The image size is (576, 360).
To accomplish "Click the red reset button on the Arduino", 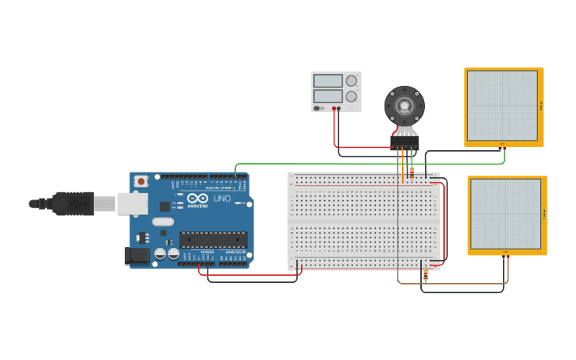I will point(141,181).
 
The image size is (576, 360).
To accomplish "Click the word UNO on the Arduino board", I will point(222,199).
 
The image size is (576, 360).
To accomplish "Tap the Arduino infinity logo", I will point(199,198).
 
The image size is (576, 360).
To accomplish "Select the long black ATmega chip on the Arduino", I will point(213,240).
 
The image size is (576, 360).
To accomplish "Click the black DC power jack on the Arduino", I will point(137,255).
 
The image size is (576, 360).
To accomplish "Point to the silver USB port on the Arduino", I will point(132,203).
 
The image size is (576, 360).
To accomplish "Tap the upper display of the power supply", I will point(327,80).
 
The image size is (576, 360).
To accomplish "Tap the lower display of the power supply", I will point(327,95).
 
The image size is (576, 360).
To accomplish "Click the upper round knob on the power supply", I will point(351,80).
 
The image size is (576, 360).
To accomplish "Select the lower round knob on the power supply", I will point(351,96).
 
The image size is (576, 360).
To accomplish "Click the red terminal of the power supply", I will point(334,108).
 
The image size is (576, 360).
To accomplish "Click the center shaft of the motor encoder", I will point(404,105).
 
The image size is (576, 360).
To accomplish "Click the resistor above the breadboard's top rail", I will point(412,171).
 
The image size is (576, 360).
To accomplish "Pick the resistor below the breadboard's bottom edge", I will point(425,276).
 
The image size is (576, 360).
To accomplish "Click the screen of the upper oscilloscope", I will point(502,106).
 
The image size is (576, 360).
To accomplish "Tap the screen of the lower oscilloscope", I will point(505,214).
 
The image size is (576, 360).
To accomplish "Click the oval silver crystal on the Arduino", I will point(163,222).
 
